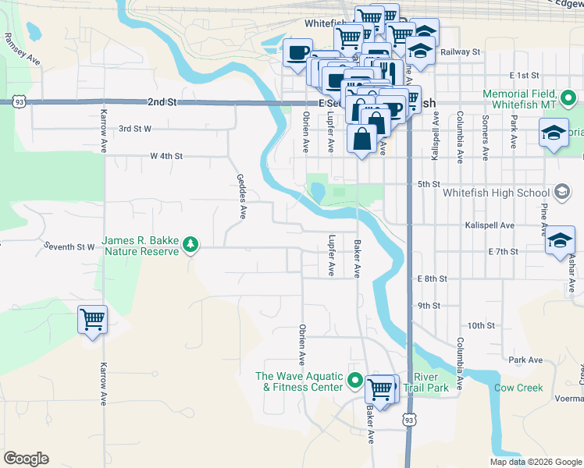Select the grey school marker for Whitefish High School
tap(561, 192)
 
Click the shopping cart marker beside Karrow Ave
tap(92, 319)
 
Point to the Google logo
tap(26, 459)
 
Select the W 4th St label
tap(166, 156)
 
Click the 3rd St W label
tap(134, 128)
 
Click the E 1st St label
tap(524, 76)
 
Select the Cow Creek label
tap(518, 388)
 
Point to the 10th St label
tap(482, 325)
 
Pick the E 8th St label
tap(431, 278)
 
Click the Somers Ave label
tap(486, 127)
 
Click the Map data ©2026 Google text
tap(535, 462)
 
